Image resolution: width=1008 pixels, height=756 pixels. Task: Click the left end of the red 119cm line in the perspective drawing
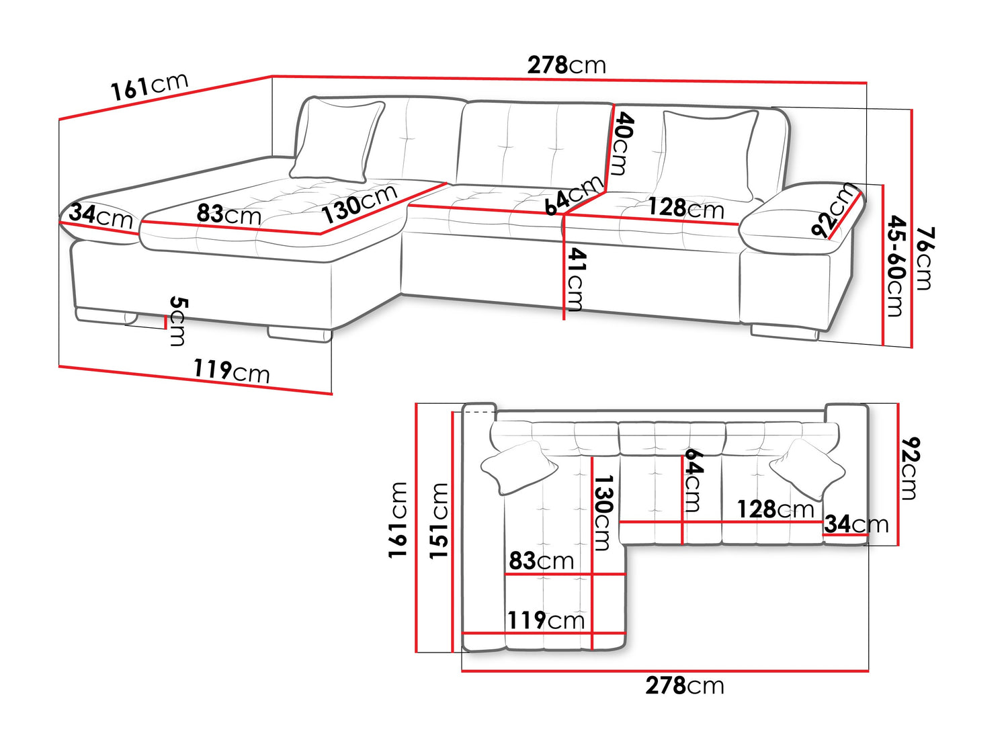(x=59, y=366)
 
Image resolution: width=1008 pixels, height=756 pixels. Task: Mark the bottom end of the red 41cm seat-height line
(x=564, y=319)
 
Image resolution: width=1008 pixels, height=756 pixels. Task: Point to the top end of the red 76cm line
(x=911, y=110)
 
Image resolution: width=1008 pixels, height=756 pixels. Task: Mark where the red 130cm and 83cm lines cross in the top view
(x=592, y=574)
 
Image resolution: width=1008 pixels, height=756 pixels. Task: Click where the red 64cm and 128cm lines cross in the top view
(x=682, y=522)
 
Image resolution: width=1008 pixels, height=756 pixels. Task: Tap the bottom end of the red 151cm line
(x=453, y=652)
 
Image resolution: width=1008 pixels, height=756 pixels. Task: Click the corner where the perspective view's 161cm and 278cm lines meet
(x=272, y=76)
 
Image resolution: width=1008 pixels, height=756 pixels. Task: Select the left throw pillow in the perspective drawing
(x=337, y=142)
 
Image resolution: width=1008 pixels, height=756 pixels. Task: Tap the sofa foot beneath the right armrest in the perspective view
(x=784, y=333)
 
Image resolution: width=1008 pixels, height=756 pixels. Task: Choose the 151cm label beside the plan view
(x=439, y=521)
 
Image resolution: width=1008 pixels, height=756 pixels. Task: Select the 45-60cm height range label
(x=896, y=266)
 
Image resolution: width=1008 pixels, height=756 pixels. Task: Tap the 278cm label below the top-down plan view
(x=684, y=686)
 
